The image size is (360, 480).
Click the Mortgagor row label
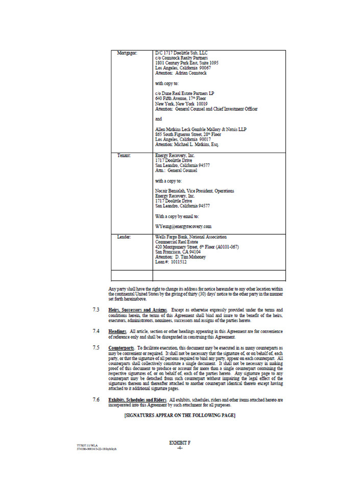point(127,53)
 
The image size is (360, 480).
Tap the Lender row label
point(125,237)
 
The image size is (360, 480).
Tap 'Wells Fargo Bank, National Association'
point(191,237)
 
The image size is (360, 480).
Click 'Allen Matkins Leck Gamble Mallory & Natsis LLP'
point(201,129)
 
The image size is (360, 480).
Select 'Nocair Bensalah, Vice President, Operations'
point(195,190)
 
